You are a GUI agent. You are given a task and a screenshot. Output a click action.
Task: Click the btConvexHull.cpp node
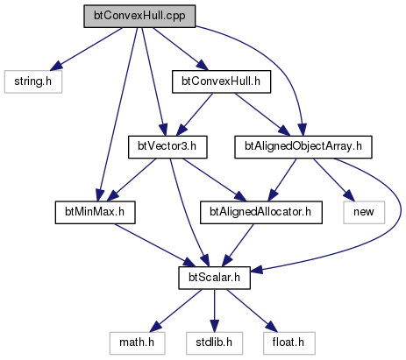point(139,17)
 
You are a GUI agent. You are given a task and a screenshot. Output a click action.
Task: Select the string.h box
point(33,81)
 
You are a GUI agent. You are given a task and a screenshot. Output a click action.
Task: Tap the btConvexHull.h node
point(221,81)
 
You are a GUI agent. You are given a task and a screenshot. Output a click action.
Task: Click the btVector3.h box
point(167,147)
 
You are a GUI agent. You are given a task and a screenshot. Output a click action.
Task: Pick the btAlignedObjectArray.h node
point(303,147)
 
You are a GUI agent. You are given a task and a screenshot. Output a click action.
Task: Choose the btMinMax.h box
point(95,213)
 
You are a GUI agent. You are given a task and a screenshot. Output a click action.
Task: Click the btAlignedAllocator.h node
point(261,213)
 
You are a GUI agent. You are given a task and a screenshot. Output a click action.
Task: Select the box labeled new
point(364,213)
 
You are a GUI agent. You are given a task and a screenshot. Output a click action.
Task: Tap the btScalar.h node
point(214,278)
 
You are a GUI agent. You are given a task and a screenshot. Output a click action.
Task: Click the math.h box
point(137,343)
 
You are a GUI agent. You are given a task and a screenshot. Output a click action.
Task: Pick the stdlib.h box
point(214,343)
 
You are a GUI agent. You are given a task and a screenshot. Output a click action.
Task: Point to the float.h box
point(289,343)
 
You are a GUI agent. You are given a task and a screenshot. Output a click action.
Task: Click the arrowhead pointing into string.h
point(55,66)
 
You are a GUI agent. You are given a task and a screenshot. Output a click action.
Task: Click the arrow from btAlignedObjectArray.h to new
point(334,180)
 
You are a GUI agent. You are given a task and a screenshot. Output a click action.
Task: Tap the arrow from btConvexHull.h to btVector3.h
point(195,115)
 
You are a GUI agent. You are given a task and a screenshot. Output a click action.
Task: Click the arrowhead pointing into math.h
point(156,328)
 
